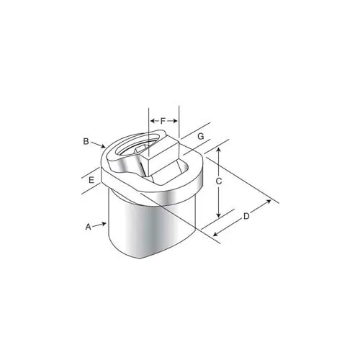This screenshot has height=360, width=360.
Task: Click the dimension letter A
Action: click(89, 227)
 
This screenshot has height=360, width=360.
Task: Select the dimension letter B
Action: click(86, 141)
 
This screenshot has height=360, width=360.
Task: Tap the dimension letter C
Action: click(219, 181)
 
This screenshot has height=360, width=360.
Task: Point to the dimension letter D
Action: click(246, 216)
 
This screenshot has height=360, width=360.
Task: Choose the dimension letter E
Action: click(91, 180)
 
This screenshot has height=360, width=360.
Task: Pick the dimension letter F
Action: click(163, 121)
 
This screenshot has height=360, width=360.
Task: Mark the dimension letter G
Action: click(201, 137)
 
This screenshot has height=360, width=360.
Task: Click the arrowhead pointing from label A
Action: click(104, 224)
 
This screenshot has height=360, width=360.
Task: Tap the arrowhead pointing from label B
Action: click(103, 145)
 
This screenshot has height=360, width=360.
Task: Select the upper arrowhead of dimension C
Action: click(218, 150)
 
